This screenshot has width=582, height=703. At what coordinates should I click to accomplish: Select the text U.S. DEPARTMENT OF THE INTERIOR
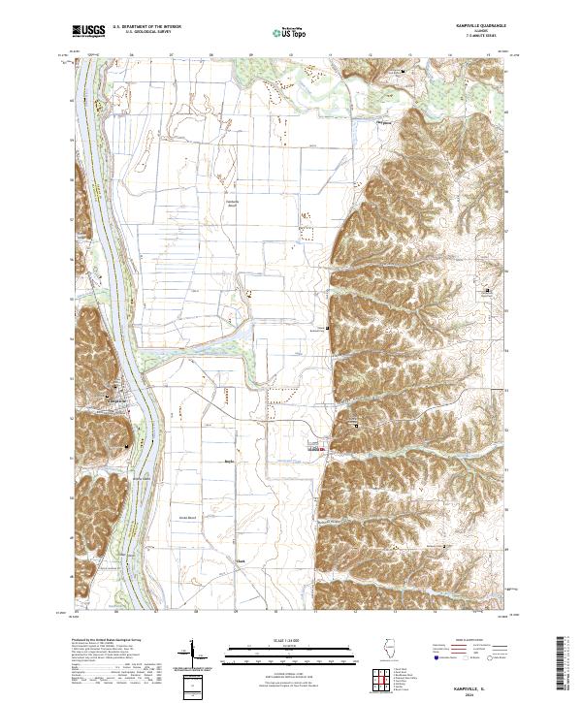click(145, 28)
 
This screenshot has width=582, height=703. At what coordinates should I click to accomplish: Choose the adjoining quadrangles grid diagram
click(381, 682)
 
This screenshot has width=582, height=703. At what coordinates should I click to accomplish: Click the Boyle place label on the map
click(230, 462)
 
